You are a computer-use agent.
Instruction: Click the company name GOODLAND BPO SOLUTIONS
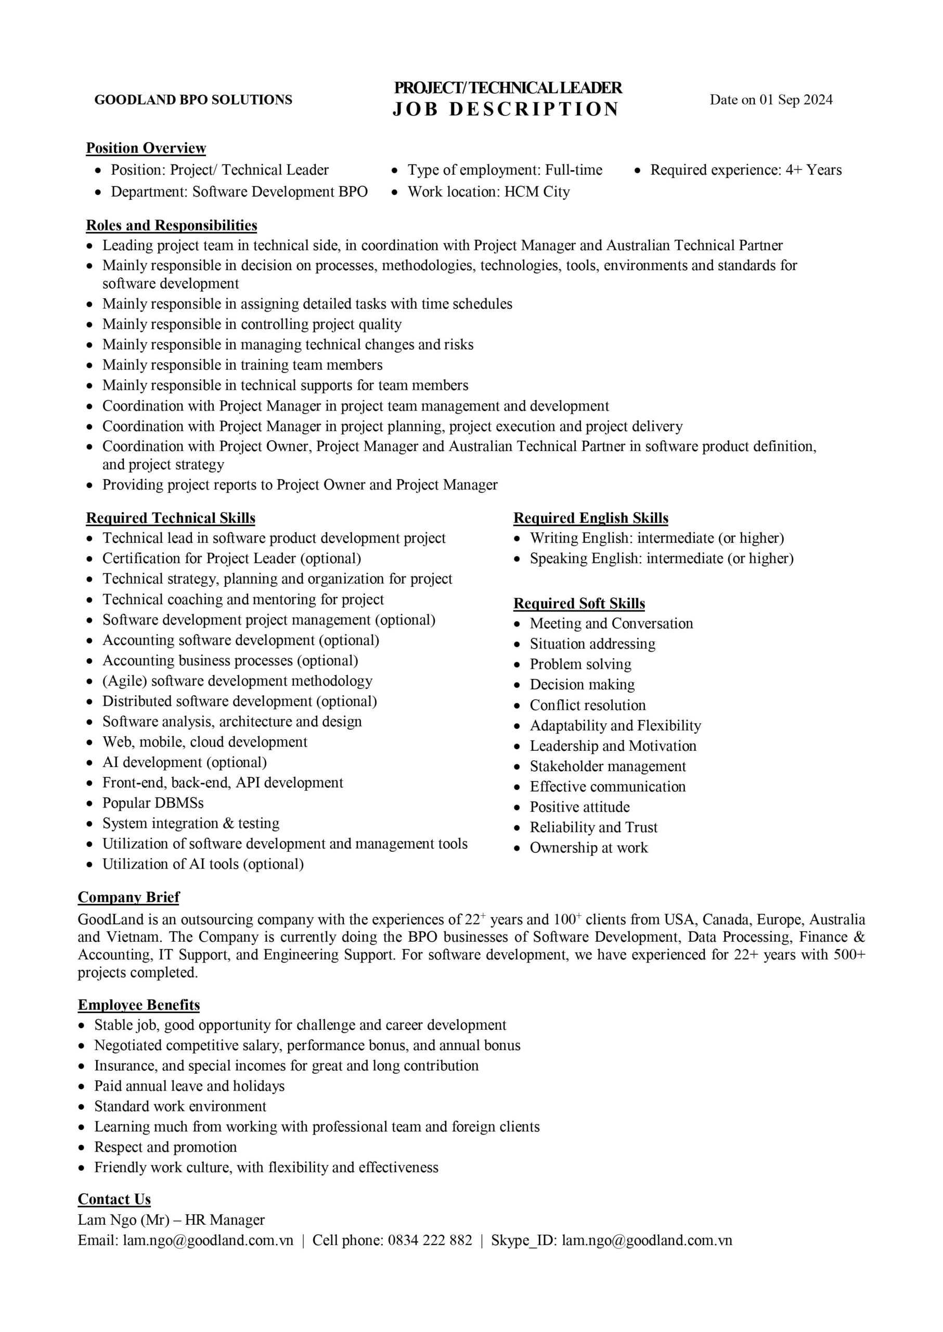193,100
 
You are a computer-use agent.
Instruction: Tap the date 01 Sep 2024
795,100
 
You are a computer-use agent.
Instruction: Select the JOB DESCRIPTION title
506,109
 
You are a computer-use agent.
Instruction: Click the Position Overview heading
146,148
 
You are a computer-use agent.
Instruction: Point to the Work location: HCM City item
488,191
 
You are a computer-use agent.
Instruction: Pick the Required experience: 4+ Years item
745,170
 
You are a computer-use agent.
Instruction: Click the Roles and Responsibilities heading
171,225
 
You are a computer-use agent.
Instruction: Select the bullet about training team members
242,365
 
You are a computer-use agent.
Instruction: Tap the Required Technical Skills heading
171,518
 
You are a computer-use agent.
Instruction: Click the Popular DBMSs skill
153,803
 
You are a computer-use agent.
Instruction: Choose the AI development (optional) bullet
185,762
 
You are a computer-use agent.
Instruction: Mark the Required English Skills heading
590,518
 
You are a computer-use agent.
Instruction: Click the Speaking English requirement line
662,558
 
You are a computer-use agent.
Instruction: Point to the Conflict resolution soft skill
588,705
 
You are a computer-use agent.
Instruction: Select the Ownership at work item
589,848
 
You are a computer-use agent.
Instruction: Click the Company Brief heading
129,897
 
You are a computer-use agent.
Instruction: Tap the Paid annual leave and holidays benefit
189,1086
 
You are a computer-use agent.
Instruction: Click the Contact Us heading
114,1199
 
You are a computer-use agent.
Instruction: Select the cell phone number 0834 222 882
430,1240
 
